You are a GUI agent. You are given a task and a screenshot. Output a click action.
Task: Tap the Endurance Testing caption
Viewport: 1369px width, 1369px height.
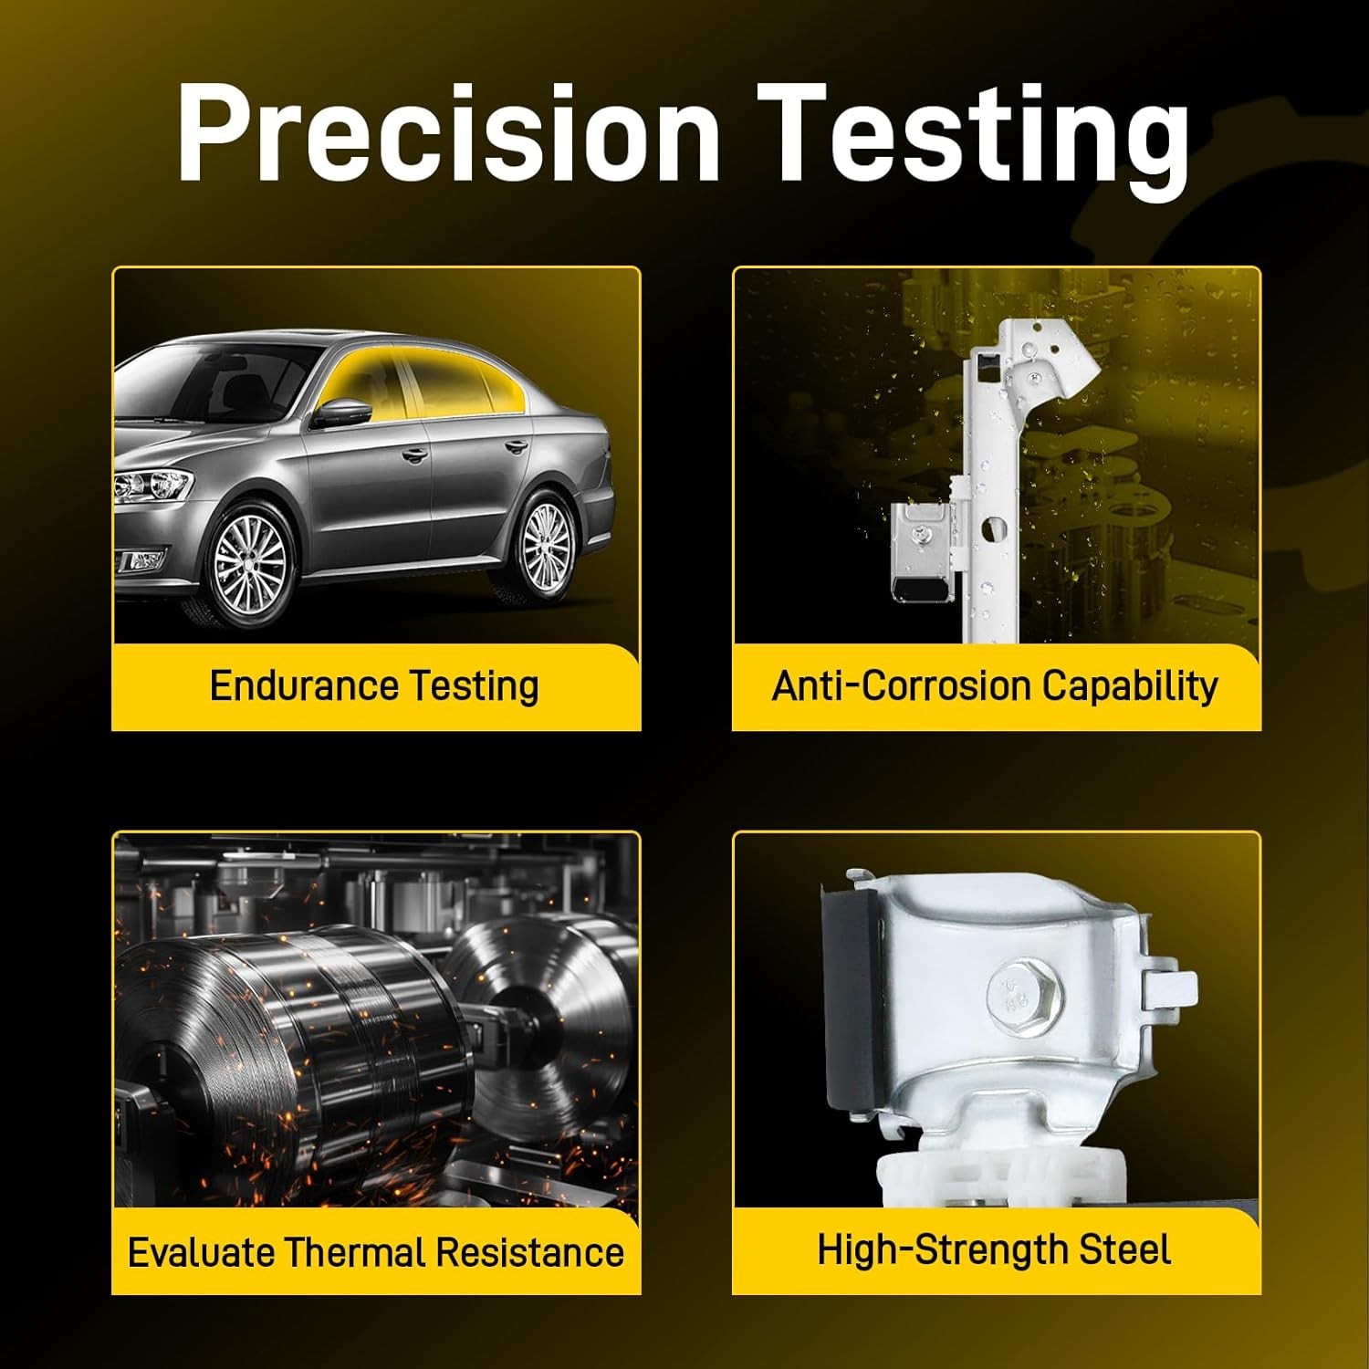click(374, 686)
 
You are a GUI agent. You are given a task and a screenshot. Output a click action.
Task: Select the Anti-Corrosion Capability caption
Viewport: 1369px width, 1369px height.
click(995, 686)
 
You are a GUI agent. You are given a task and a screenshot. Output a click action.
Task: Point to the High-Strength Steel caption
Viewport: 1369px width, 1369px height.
click(994, 1250)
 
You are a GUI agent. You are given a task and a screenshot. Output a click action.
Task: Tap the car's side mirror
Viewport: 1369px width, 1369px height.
click(343, 413)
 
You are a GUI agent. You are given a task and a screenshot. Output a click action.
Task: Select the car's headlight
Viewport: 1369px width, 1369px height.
click(153, 486)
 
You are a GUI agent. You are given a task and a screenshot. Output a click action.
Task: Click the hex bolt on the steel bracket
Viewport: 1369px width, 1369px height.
click(1012, 991)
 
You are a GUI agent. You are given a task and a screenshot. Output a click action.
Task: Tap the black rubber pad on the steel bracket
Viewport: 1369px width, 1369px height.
click(855, 999)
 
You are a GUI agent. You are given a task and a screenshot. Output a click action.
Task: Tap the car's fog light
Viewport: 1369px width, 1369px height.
click(139, 560)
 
